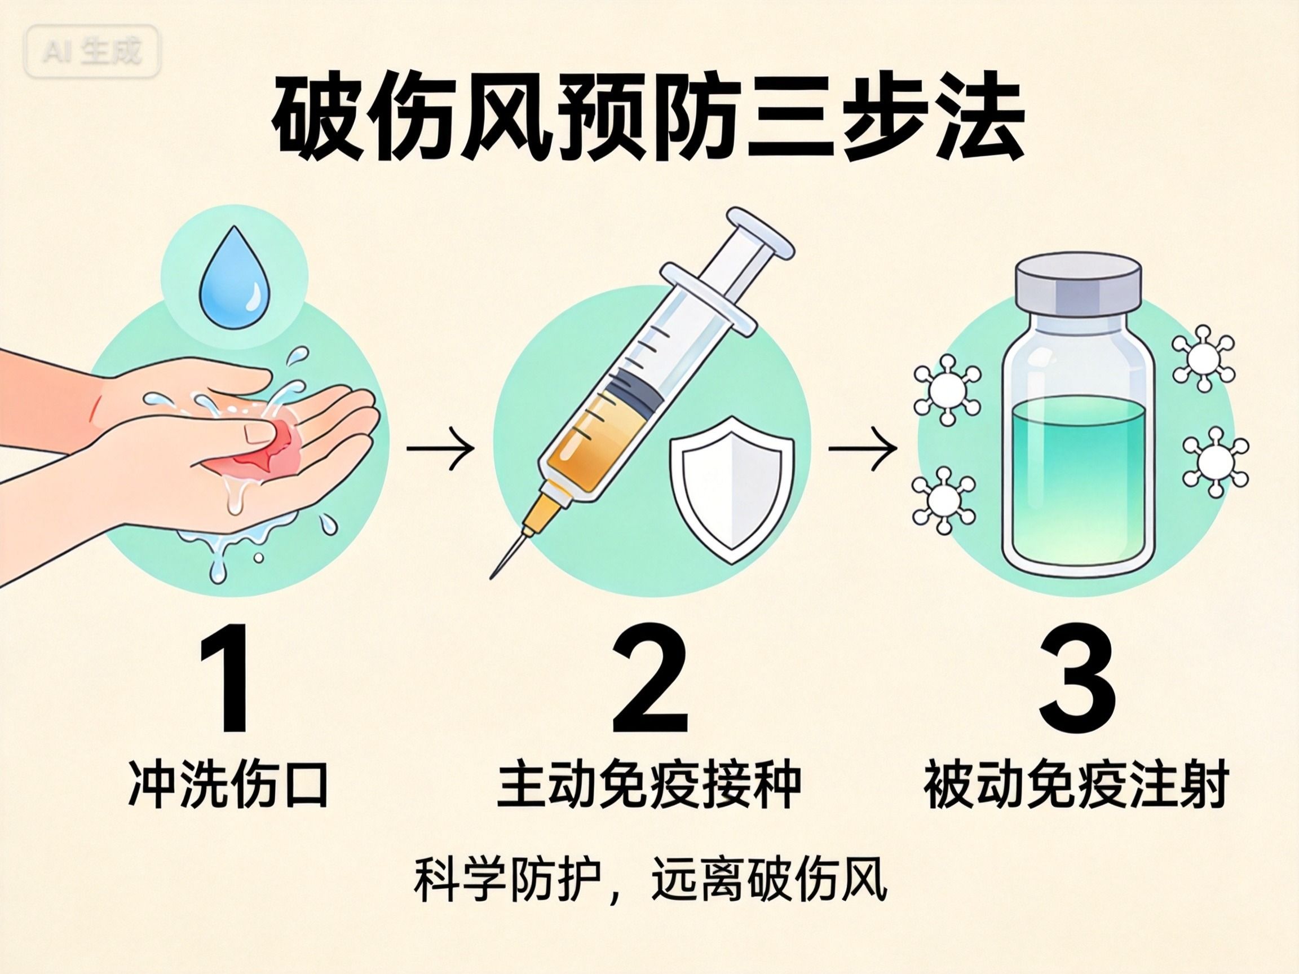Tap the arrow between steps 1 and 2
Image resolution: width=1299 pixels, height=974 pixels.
point(440,448)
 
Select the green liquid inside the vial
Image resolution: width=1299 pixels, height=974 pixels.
point(1077,476)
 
